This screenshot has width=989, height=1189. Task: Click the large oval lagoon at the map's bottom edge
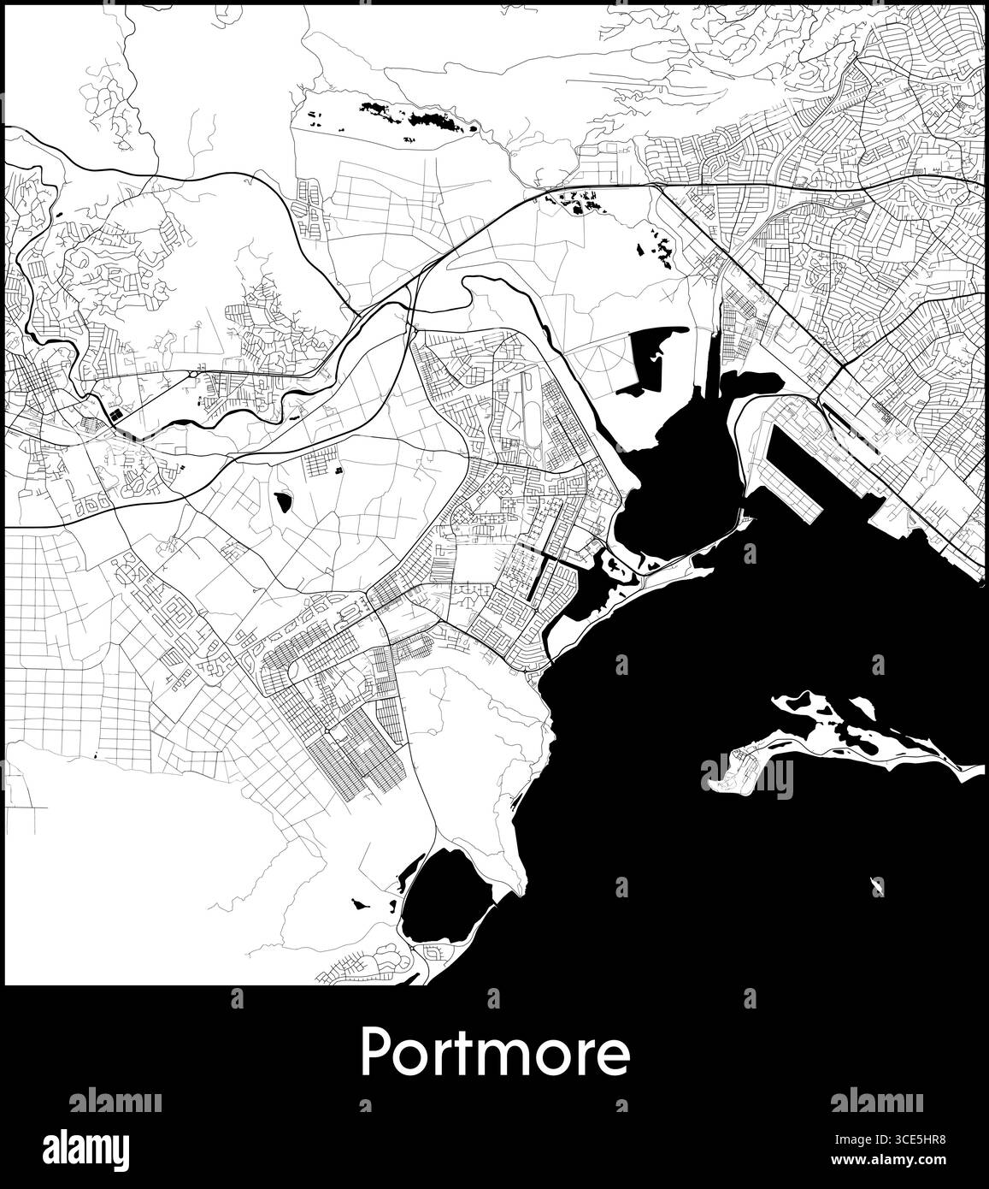point(445,904)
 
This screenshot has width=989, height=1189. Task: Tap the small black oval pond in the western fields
point(281,501)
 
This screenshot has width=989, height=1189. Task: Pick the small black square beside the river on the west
point(113,417)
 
